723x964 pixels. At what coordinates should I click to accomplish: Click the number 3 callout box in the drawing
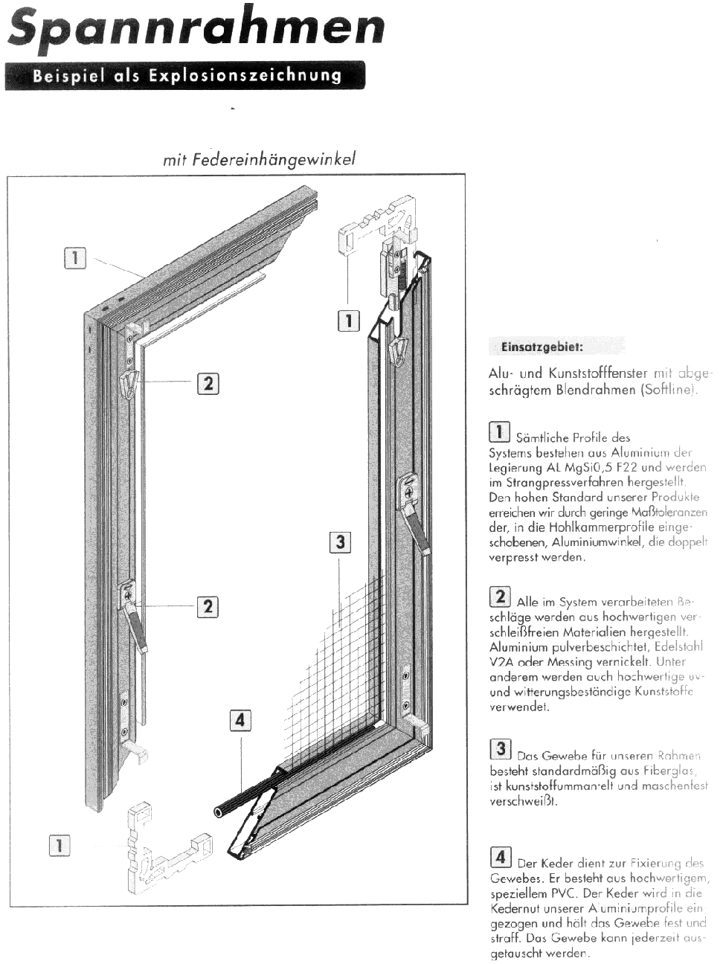[x=340, y=542]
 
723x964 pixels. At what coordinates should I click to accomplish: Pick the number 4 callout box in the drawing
[x=240, y=720]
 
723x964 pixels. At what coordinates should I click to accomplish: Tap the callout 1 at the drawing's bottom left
[x=60, y=845]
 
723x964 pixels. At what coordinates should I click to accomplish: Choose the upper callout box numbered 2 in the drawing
[x=208, y=383]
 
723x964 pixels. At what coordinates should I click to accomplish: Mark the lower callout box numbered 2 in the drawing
[x=208, y=606]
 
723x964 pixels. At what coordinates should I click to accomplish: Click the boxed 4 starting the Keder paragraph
[x=500, y=857]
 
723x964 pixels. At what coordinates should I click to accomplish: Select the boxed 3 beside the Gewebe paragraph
[x=500, y=750]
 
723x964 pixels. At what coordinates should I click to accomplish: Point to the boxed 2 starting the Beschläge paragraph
[x=500, y=596]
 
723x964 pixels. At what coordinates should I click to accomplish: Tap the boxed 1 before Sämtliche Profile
[x=500, y=431]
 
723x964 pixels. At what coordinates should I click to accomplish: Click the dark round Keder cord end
[x=220, y=812]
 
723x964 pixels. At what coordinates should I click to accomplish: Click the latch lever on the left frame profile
[x=135, y=614]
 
